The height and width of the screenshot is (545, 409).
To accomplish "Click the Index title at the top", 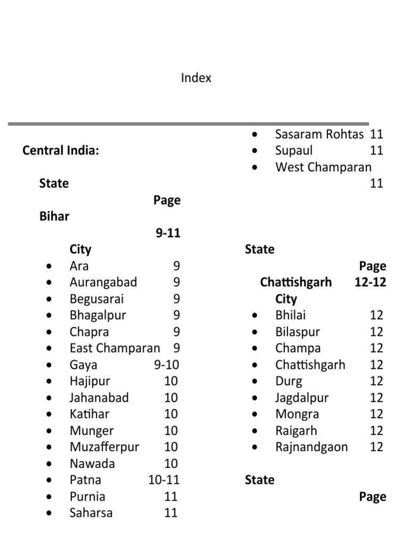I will [196, 78].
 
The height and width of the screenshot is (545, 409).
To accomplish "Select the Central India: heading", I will [61, 151].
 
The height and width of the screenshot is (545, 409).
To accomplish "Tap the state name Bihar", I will [54, 217].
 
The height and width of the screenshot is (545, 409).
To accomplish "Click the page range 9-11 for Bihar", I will [168, 233].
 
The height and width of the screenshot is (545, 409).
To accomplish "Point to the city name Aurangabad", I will [103, 283].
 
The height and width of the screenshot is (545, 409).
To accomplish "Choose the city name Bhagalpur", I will [97, 315].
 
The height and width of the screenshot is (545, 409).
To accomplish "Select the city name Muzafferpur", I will [104, 447].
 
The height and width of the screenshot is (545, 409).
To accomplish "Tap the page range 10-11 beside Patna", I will [164, 480].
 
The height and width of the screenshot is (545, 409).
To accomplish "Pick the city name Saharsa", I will [91, 513].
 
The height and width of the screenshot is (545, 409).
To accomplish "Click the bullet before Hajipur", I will [50, 382].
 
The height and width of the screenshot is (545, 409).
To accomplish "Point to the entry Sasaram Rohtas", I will [320, 135].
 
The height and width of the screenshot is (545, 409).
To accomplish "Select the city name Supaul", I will [294, 151].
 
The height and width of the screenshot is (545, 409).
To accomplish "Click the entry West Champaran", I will [323, 167].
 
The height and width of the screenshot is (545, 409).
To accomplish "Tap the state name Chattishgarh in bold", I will [296, 282].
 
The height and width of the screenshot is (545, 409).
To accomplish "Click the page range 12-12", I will [370, 282].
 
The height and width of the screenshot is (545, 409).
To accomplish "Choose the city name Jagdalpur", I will [302, 398].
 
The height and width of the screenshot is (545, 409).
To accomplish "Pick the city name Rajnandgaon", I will [312, 447].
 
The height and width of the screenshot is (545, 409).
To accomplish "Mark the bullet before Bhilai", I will [256, 316].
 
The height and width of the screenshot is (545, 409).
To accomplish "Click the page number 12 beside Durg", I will [377, 382].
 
